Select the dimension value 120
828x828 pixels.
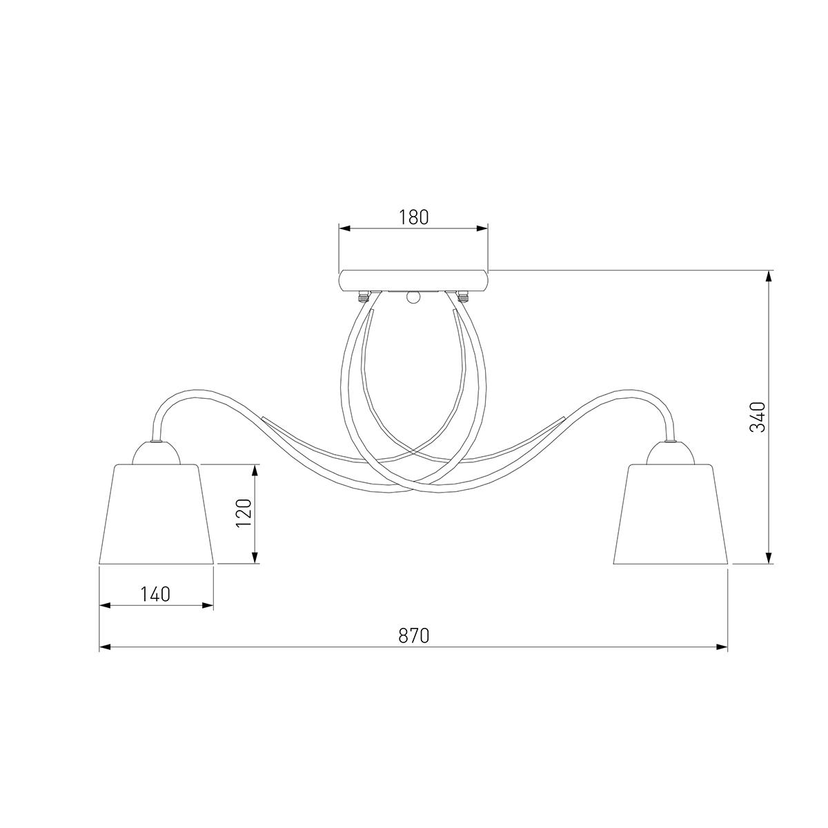[244, 513]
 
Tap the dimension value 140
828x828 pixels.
[155, 594]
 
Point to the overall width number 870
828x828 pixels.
[414, 635]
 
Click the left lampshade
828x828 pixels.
[156, 513]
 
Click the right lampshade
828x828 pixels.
[670, 513]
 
